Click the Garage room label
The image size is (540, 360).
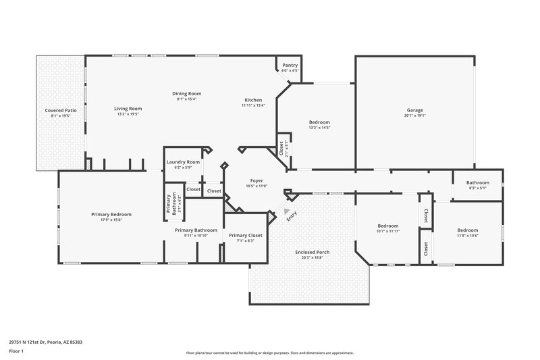pyautogui.click(x=414, y=110)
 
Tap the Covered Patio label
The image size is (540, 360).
pyautogui.click(x=60, y=110)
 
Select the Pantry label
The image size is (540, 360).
pyautogui.click(x=290, y=66)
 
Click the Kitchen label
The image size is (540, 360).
pyautogui.click(x=253, y=100)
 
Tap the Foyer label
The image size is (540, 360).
pyautogui.click(x=256, y=180)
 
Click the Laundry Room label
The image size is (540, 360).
pyautogui.click(x=183, y=162)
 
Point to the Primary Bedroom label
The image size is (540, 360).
pyautogui.click(x=111, y=214)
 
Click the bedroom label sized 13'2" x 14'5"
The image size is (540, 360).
pyautogui.click(x=319, y=122)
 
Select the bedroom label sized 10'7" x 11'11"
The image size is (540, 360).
pyautogui.click(x=388, y=226)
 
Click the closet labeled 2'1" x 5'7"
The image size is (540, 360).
pyautogui.click(x=281, y=148)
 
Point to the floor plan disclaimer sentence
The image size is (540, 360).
pyautogui.click(x=269, y=353)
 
